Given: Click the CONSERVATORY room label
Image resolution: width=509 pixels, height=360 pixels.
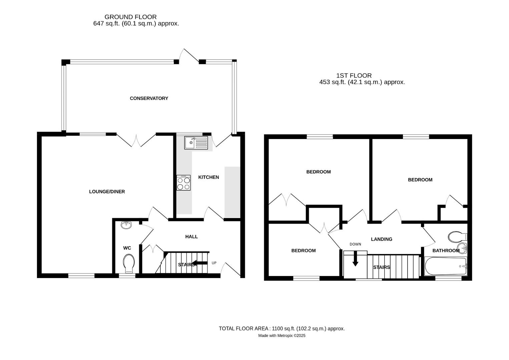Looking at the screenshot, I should pyautogui.click(x=149, y=98).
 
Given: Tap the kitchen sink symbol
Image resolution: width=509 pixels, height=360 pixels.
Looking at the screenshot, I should pyautogui.click(x=196, y=143).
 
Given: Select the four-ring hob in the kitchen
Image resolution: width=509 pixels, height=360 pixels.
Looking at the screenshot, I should pyautogui.click(x=183, y=183).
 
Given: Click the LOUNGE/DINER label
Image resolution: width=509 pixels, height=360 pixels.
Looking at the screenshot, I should pyautogui.click(x=107, y=192).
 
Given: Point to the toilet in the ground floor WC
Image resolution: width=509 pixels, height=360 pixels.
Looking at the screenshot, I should pyautogui.click(x=129, y=263).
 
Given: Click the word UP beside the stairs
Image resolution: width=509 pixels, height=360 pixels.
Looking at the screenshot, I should pyautogui.click(x=214, y=263).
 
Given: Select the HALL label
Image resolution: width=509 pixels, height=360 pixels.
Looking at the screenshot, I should pyautogui.click(x=191, y=237).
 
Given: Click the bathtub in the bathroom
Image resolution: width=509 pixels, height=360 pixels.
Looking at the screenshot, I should pyautogui.click(x=446, y=266).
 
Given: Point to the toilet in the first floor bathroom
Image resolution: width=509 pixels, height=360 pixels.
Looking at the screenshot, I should pyautogui.click(x=457, y=237).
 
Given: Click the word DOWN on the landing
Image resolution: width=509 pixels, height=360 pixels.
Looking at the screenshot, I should pyautogui.click(x=355, y=244).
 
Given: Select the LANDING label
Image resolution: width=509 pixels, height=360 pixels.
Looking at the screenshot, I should pyautogui.click(x=382, y=239).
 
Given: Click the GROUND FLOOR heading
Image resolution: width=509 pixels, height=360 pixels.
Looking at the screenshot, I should pyautogui.click(x=130, y=17).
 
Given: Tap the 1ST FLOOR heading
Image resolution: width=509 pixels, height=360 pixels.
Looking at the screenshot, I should pyautogui.click(x=354, y=76).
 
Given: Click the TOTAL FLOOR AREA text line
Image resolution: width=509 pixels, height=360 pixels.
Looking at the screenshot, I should pyautogui.click(x=282, y=329).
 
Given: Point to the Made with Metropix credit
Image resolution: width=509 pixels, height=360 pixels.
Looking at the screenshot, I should pyautogui.click(x=282, y=336).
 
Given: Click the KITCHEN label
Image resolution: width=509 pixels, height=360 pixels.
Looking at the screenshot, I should pyautogui.click(x=208, y=177).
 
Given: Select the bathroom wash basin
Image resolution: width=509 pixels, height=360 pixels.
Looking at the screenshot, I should pyautogui.click(x=462, y=248).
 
